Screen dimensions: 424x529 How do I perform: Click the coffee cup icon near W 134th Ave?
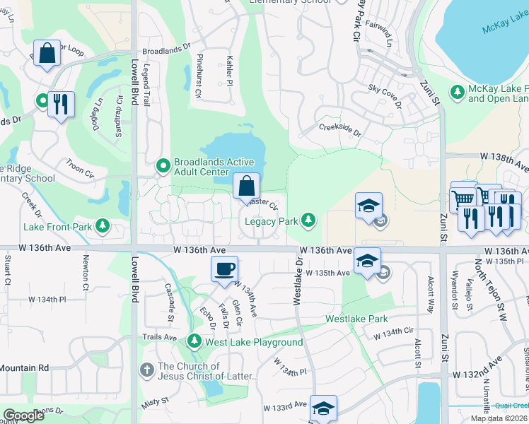pyautogui.click(x=225, y=269)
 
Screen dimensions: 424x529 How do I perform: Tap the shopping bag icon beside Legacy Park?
pyautogui.click(x=246, y=187)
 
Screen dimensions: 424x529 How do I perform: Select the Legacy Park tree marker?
pyautogui.click(x=308, y=221)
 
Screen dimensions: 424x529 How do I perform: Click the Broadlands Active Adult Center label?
pyautogui.click(x=202, y=166)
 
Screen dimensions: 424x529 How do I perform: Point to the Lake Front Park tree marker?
pyautogui.click(x=103, y=226)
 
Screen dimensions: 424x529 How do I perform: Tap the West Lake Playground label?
pyautogui.click(x=254, y=343)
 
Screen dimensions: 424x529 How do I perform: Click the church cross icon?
pyautogui.click(x=146, y=369)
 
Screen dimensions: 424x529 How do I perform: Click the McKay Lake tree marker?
pyautogui.click(x=457, y=91)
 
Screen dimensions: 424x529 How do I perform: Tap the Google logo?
pyautogui.click(x=24, y=416)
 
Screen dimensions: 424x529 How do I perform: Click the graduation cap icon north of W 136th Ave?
pyautogui.click(x=368, y=206)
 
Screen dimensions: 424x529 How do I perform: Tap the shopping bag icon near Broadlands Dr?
pyautogui.click(x=47, y=54)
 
